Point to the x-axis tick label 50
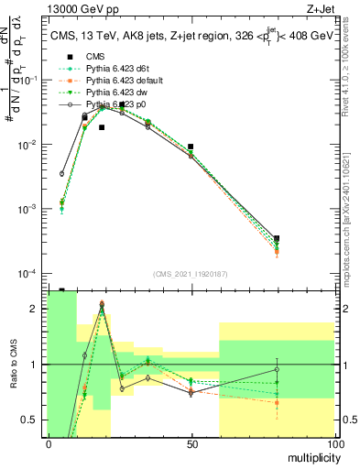click(191, 444)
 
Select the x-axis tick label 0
click(49, 444)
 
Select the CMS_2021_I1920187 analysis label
click(190, 274)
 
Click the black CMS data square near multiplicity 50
click(191, 147)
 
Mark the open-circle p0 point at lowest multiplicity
click(62, 173)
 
